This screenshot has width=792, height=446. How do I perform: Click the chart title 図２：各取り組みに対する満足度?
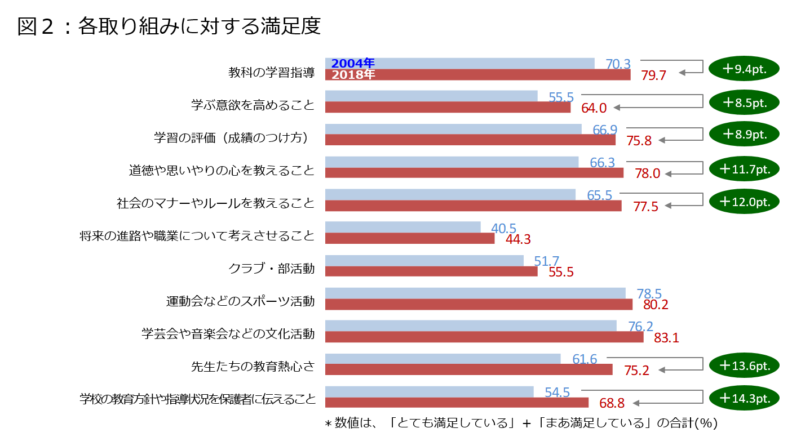pyautogui.click(x=169, y=26)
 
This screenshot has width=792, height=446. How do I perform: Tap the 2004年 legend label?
pyautogui.click(x=353, y=63)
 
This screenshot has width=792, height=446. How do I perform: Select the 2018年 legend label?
pyautogui.click(x=353, y=74)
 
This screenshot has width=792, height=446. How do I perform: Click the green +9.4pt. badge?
pyautogui.click(x=744, y=69)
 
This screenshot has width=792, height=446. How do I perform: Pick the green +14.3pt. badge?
pyautogui.click(x=744, y=398)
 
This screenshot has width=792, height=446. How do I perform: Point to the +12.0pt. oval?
pyautogui.click(x=744, y=201)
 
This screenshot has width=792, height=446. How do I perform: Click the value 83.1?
pyautogui.click(x=666, y=338)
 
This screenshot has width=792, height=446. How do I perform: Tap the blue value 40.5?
pyautogui.click(x=504, y=229)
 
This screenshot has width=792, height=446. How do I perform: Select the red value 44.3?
pyautogui.click(x=519, y=239)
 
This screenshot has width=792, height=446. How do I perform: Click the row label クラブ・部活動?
pyautogui.click(x=271, y=269)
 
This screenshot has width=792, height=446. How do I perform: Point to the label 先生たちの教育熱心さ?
pyautogui.click(x=253, y=367)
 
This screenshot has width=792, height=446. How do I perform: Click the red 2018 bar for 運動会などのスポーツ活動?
pyautogui.click(x=478, y=305)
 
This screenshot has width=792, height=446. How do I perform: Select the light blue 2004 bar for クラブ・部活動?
pyautogui.click(x=424, y=260)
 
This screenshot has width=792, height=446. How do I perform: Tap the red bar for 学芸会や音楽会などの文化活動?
pyautogui.click(x=484, y=337)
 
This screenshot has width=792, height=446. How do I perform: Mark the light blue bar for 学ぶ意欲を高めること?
pyautogui.click(x=431, y=96)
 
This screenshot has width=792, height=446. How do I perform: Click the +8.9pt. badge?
pyautogui.click(x=744, y=134)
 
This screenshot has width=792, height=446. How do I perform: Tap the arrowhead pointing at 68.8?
pyautogui.click(x=635, y=403)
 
